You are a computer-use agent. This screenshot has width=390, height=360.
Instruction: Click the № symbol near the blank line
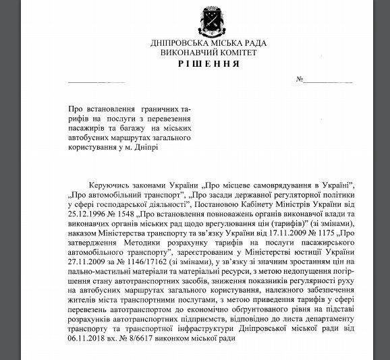click(x=301, y=81)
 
